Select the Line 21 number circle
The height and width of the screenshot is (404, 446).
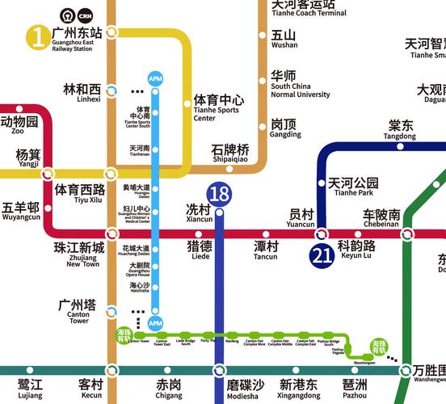[321, 256]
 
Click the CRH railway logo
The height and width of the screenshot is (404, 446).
[84, 15]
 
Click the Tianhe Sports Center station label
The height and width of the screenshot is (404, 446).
[217, 107]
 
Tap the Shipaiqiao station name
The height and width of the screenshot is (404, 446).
[230, 154]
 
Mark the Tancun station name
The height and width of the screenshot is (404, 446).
[265, 250]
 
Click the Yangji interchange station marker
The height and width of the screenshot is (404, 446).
[48, 172]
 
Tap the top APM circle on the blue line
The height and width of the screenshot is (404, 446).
[156, 78]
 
